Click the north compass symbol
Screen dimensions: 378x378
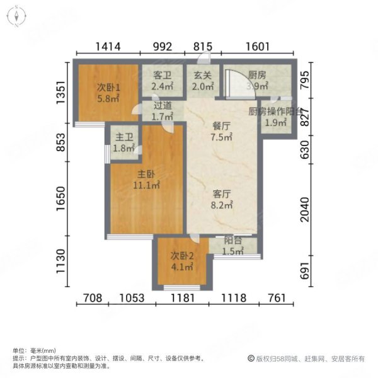click(14, 14)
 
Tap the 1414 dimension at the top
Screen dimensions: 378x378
click(108, 45)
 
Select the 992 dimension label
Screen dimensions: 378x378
click(162, 45)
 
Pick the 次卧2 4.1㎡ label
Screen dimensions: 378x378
click(182, 261)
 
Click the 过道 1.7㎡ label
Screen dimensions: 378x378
click(163, 112)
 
